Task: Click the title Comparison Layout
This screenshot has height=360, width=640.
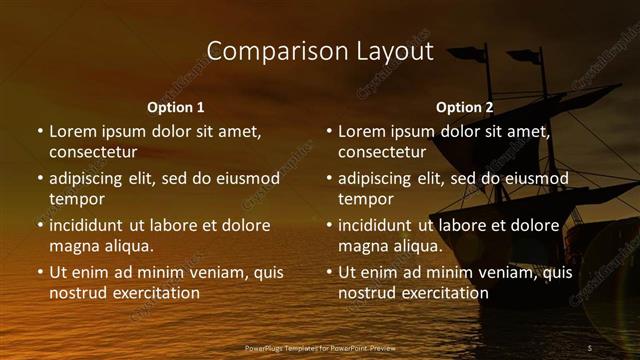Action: click(x=320, y=51)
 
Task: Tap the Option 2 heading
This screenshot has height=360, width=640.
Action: click(x=465, y=107)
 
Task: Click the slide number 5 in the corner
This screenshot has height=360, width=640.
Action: click(x=590, y=347)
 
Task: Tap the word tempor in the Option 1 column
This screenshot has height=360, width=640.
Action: click(x=77, y=198)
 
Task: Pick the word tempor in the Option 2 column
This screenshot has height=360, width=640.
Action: click(x=366, y=198)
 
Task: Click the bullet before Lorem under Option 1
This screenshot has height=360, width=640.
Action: click(x=39, y=131)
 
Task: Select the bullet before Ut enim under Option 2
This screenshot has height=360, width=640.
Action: click(x=328, y=272)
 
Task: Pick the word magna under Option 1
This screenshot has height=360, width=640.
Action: click(x=74, y=245)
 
